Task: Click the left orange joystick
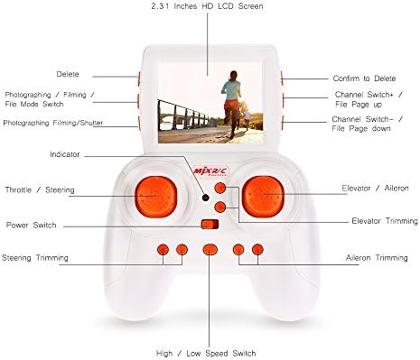point(151,194)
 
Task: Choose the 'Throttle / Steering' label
point(40,190)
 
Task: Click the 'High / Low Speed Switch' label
point(209,353)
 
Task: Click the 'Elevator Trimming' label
point(384,221)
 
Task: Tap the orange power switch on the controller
point(209,225)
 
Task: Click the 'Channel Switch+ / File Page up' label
point(368,98)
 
